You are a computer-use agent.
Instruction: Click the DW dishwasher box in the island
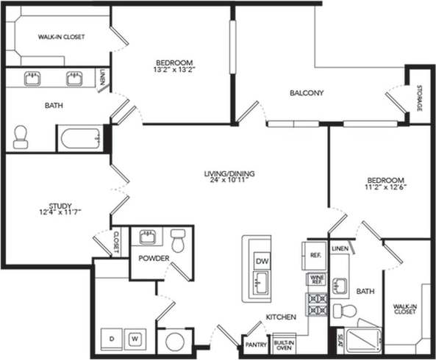pyautogui.click(x=261, y=262)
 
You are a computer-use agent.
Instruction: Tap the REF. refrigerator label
pyautogui.click(x=314, y=255)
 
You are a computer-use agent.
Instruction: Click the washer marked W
pyautogui.click(x=135, y=339)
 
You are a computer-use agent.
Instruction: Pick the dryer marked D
pyautogui.click(x=112, y=339)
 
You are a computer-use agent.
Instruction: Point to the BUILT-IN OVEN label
pyautogui.click(x=283, y=343)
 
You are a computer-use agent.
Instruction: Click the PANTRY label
pyautogui.click(x=255, y=344)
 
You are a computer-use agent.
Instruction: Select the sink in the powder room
pyautogui.click(x=146, y=237)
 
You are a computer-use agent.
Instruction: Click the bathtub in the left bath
pyautogui.click(x=79, y=138)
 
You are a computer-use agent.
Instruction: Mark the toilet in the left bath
pyautogui.click(x=21, y=137)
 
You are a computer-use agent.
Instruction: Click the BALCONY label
pyautogui.click(x=307, y=93)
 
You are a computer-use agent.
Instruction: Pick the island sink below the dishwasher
pyautogui.click(x=260, y=283)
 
